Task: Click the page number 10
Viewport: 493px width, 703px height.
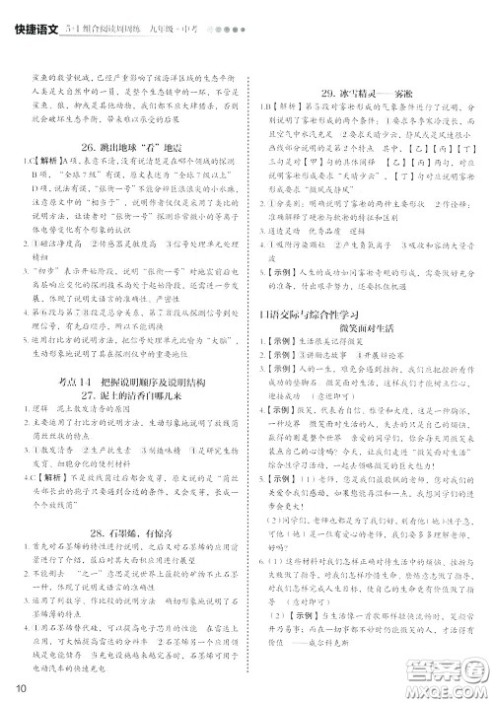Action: click(x=17, y=686)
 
